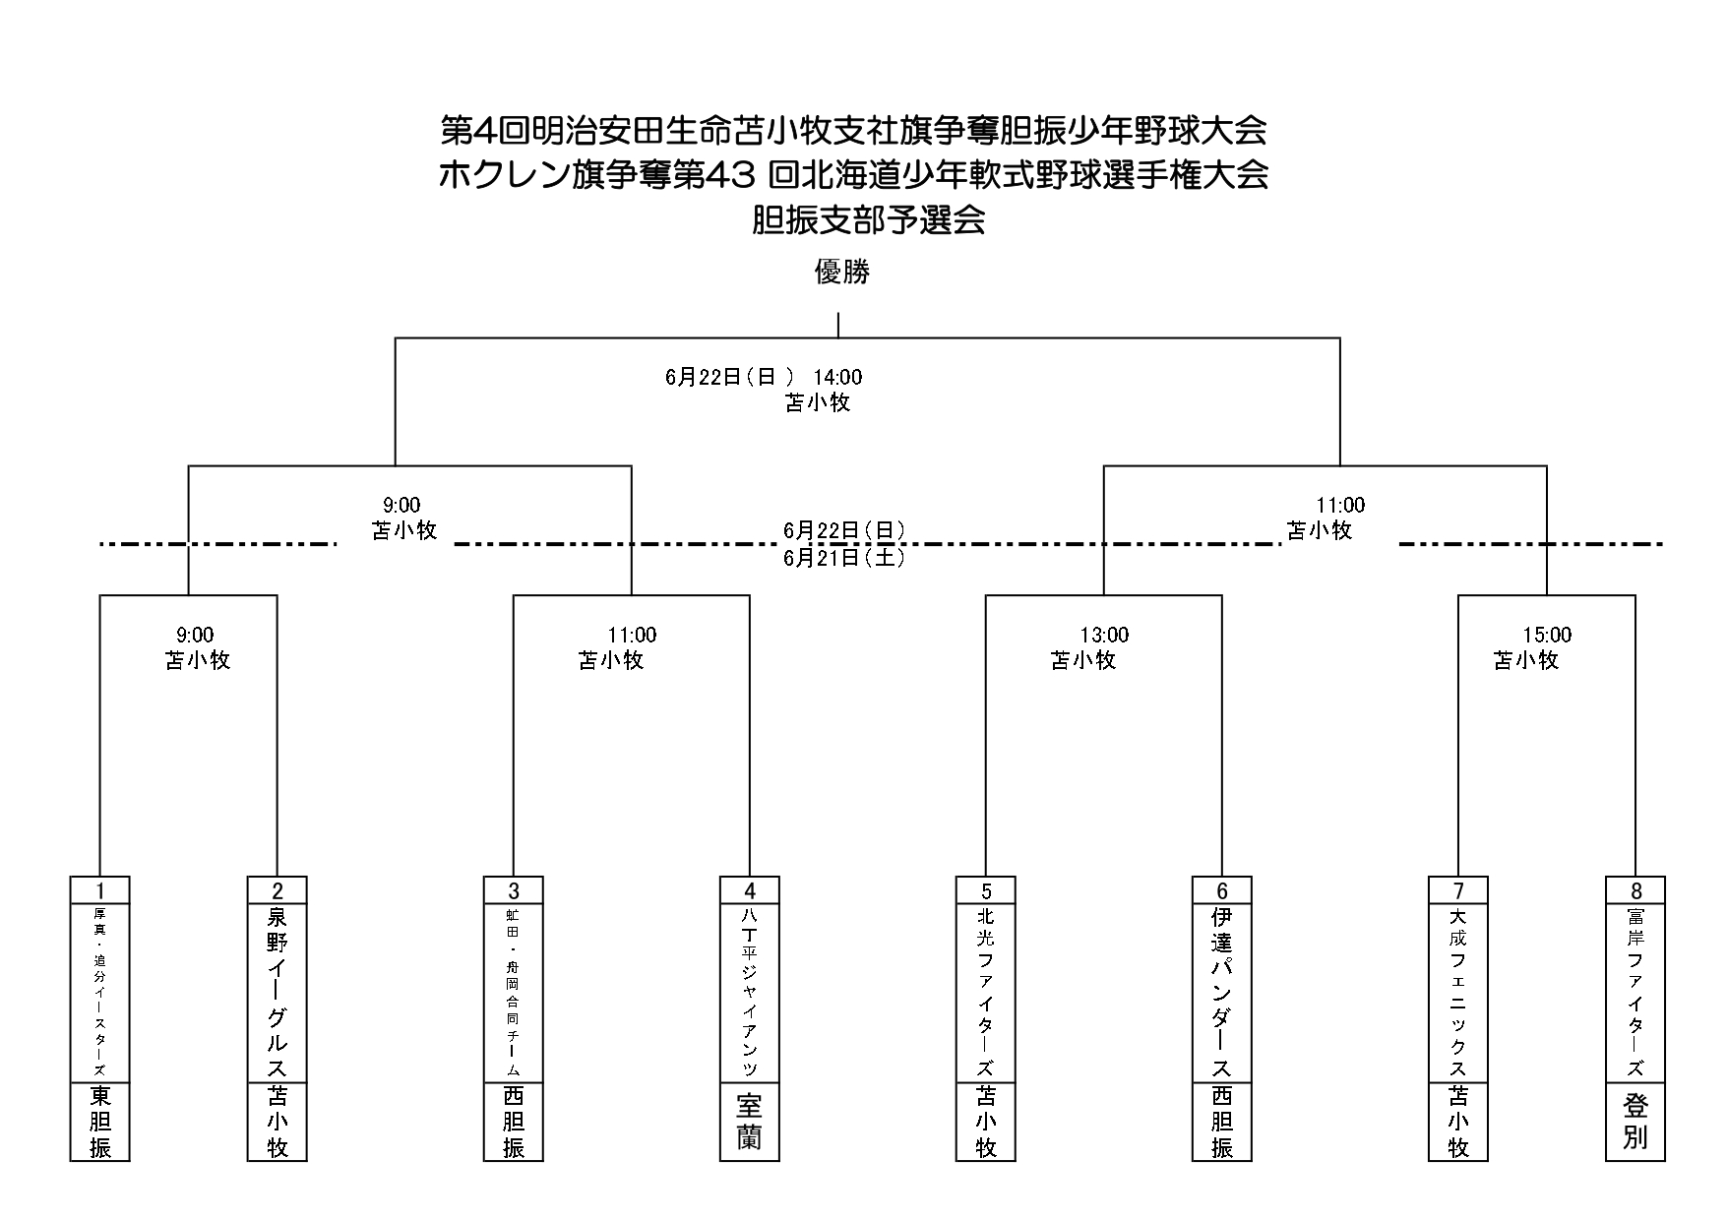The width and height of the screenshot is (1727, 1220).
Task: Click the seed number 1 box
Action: [99, 891]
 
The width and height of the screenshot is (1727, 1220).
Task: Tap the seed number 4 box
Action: [749, 891]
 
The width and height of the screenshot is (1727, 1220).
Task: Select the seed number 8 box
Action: [1635, 891]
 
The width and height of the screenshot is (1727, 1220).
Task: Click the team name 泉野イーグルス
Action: [278, 993]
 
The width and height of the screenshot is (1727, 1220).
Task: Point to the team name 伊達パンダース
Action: [1222, 993]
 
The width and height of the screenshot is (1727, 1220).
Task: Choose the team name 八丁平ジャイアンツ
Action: [749, 993]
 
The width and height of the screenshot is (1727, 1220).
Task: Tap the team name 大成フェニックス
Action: [1458, 993]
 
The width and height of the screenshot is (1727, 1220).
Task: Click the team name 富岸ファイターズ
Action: [1635, 993]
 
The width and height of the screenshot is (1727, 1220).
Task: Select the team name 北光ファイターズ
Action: [986, 993]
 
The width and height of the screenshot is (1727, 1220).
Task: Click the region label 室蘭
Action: [749, 1122]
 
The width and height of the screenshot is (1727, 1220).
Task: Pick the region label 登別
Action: [1635, 1122]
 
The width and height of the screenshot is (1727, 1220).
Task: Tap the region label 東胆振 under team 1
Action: [99, 1122]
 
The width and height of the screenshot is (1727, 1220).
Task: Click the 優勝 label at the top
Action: [842, 272]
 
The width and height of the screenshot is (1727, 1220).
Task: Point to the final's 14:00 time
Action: [837, 377]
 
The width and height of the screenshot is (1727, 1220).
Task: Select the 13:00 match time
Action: [1104, 636]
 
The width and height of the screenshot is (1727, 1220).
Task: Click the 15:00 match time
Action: [1547, 636]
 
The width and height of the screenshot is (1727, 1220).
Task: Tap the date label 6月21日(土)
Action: [843, 558]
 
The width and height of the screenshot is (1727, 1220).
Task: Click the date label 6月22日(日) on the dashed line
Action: [843, 530]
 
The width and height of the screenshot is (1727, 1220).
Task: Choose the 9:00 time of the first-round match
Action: [194, 636]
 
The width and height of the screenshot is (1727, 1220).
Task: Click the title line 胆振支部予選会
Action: [869, 220]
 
